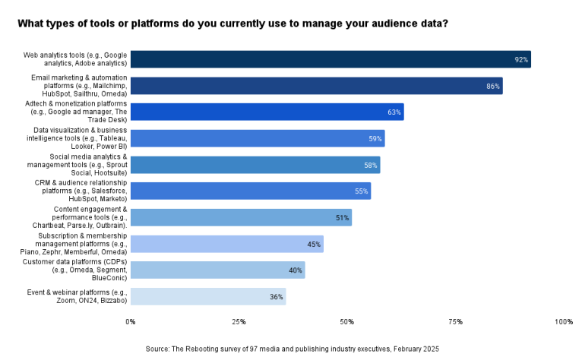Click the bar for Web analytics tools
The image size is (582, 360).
[331, 59]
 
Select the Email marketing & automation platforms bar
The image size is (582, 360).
[316, 86]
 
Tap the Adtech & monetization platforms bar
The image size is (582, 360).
[267, 112]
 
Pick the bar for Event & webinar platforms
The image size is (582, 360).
[207, 296]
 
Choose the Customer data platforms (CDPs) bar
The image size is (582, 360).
[217, 270]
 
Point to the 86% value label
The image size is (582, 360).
[493, 86]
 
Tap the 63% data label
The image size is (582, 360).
[394, 112]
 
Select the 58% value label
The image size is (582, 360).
[370, 165]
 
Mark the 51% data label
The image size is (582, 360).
[342, 218]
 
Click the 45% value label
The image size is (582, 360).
[313, 244]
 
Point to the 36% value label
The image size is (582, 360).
[276, 296]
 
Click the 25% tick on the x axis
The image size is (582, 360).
[239, 322]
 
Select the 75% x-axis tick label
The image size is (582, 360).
[455, 322]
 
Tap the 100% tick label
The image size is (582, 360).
[563, 322]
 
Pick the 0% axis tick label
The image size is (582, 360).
[131, 322]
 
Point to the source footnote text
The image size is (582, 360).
[293, 348]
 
